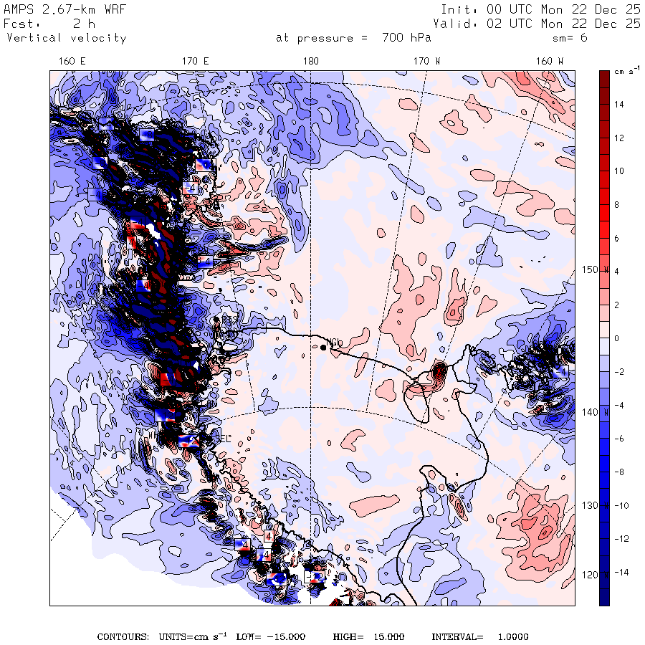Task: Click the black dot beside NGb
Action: pos(323,347)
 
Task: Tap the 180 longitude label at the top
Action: pos(310,61)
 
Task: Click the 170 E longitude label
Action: pos(196,61)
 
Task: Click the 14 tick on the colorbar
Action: pos(618,105)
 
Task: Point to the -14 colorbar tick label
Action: pos(621,572)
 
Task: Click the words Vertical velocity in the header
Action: pos(66,38)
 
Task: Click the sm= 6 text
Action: pos(570,38)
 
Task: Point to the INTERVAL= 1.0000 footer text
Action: pos(480,636)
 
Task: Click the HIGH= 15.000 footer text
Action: pos(368,636)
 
